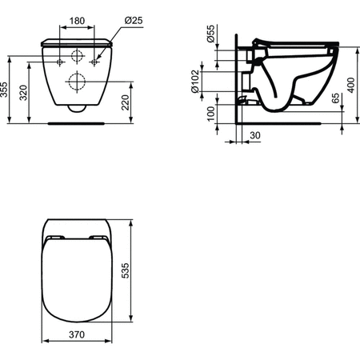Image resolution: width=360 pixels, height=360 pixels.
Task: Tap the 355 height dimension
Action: coord(6,89)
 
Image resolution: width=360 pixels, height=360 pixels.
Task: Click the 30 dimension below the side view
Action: coord(254,136)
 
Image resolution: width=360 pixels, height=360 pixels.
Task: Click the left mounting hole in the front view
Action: coord(60,62)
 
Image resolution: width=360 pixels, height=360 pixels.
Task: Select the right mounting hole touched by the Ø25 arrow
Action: coord(95,62)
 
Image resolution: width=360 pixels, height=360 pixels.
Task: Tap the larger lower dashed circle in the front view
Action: coord(78,80)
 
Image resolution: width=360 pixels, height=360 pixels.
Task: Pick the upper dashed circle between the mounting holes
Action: coord(78,57)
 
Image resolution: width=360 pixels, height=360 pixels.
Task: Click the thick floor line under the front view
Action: coord(78,123)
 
